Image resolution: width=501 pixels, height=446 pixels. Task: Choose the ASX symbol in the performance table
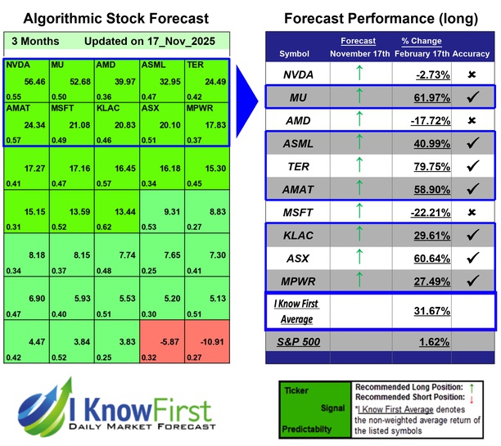[x=296, y=258]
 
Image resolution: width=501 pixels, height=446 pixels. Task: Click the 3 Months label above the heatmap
[x=34, y=40]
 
